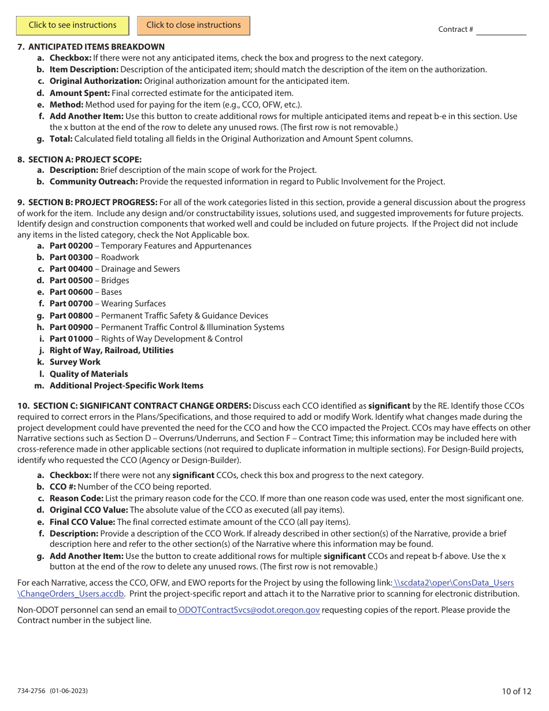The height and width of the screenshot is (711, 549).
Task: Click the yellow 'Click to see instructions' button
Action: (73, 25)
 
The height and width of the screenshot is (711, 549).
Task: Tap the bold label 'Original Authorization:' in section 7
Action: (95, 81)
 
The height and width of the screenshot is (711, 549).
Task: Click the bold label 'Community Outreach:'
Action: (94, 182)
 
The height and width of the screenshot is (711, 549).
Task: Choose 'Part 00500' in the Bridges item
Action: (71, 280)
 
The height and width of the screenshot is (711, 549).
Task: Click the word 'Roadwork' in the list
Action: (120, 257)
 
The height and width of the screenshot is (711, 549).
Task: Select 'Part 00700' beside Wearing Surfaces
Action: (71, 303)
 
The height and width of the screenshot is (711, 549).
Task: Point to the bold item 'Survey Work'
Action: (75, 362)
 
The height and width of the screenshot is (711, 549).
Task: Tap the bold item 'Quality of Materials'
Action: (88, 374)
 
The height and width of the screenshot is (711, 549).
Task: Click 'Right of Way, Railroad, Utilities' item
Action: (112, 350)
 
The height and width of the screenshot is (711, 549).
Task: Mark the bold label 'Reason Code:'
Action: (76, 498)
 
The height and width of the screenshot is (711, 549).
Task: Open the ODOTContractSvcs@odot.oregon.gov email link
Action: (248, 610)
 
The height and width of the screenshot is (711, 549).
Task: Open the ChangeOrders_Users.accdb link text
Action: (71, 594)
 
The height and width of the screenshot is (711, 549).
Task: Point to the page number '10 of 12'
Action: (517, 691)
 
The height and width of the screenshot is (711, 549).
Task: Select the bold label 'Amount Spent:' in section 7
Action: (79, 92)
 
